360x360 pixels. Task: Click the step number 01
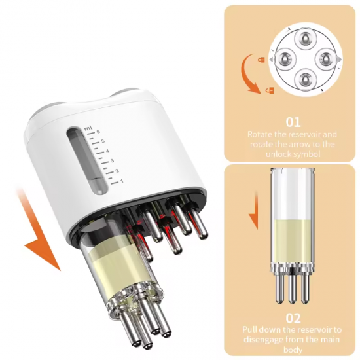click(x=293, y=122)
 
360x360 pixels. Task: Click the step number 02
click(x=293, y=318)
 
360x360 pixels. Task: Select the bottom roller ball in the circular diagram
click(x=304, y=81)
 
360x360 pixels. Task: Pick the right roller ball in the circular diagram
click(x=325, y=60)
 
